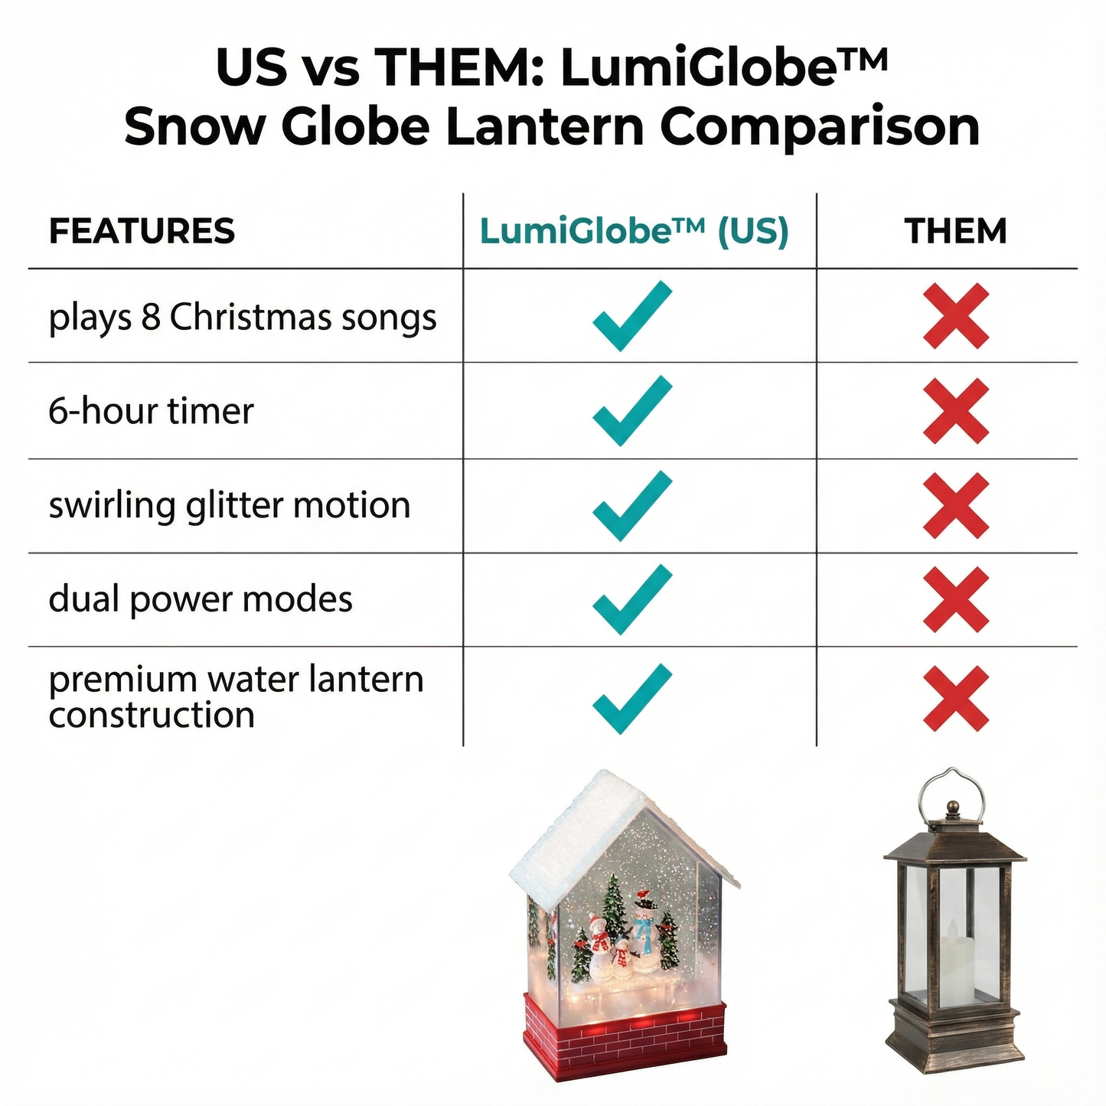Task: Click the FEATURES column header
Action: click(x=142, y=231)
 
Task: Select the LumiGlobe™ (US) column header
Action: click(x=634, y=231)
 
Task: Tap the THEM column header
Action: click(x=955, y=231)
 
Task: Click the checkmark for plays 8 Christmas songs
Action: click(x=631, y=316)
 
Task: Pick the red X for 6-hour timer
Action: click(x=956, y=411)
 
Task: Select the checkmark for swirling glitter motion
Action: click(x=631, y=506)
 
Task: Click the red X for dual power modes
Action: click(x=956, y=599)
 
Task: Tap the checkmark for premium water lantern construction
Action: click(x=631, y=698)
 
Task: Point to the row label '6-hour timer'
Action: click(x=151, y=411)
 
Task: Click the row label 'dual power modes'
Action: click(x=201, y=599)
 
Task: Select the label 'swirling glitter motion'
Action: click(x=230, y=506)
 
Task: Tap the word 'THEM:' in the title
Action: click(x=459, y=67)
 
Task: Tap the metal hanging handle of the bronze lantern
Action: click(x=952, y=792)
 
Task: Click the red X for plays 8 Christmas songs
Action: click(x=956, y=316)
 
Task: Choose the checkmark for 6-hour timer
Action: click(x=631, y=411)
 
